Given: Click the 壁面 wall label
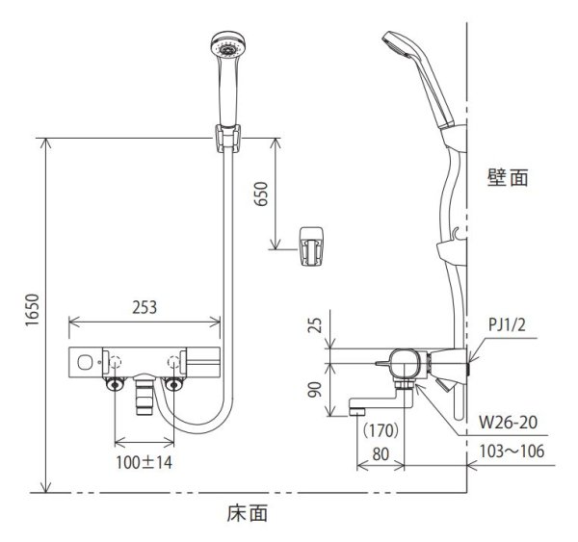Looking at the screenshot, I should [508, 178].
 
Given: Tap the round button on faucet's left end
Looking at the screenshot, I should [88, 363].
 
